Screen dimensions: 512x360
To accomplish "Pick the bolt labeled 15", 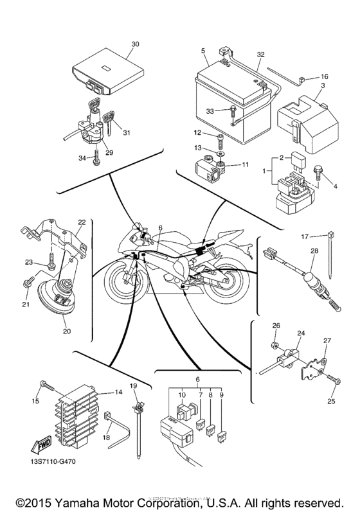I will (46, 385).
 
